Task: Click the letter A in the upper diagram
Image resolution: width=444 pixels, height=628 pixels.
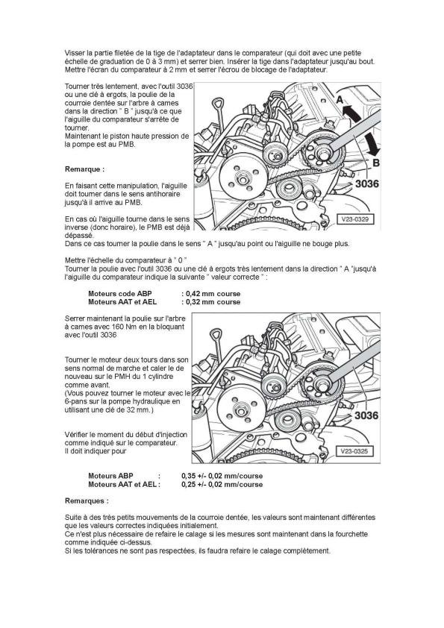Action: tap(340, 99)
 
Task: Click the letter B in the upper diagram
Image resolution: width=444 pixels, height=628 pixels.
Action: tap(376, 163)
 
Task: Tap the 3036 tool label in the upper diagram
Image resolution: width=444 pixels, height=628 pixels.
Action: tap(366, 183)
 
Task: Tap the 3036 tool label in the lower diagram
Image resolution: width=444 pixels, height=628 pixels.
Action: tap(366, 415)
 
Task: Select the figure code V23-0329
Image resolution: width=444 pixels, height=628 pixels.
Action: tap(354, 219)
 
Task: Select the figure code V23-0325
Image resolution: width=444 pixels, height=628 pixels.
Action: tap(354, 451)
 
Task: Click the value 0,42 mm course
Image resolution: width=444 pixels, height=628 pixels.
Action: tap(213, 294)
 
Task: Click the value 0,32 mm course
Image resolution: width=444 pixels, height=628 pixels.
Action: tap(213, 302)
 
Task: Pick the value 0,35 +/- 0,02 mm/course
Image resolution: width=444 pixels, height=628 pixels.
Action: tap(222, 476)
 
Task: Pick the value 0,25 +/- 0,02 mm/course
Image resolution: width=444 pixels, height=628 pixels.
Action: tap(222, 484)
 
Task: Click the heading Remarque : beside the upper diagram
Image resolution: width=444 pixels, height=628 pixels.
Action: tap(84, 169)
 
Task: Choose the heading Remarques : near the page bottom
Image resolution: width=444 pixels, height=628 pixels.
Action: tap(87, 500)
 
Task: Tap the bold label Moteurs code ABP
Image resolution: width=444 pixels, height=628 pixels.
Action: tap(120, 294)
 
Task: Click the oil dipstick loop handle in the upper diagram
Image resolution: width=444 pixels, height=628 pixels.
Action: tap(218, 101)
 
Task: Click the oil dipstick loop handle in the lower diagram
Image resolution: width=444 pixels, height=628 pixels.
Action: tap(216, 334)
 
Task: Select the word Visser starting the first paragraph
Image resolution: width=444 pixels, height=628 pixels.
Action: tap(74, 53)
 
